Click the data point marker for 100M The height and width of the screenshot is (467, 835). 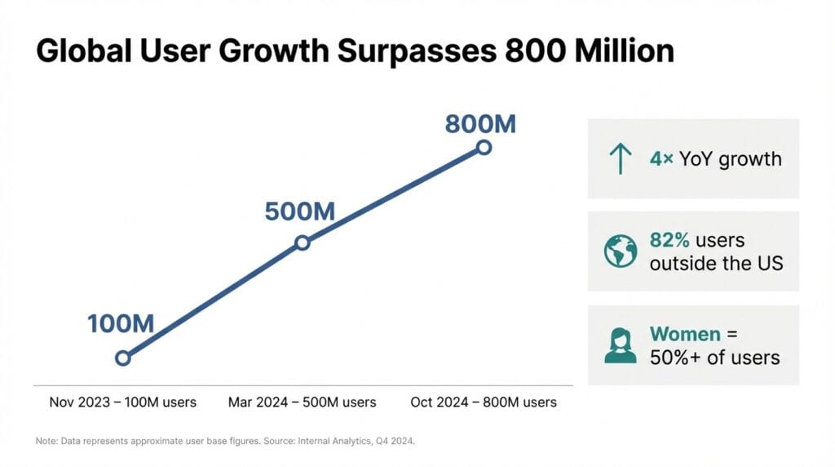coord(123,358)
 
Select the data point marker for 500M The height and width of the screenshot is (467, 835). coord(302,242)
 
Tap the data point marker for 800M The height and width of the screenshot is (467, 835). coord(484,148)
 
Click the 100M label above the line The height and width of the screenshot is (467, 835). coord(121,323)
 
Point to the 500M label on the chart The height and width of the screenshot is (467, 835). coord(300,211)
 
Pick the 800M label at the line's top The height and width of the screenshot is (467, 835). coord(480,124)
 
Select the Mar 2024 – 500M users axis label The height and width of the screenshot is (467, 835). coord(302,402)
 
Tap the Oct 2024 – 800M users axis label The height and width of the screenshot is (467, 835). coord(483,402)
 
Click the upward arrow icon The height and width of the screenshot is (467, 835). coord(621,158)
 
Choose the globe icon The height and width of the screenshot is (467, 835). coord(621,251)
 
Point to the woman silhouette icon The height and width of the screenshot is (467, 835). coord(621,345)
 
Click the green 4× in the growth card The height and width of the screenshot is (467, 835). coord(661,158)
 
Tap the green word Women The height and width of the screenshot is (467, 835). coord(685,335)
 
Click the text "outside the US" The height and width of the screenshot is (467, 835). coord(716,264)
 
